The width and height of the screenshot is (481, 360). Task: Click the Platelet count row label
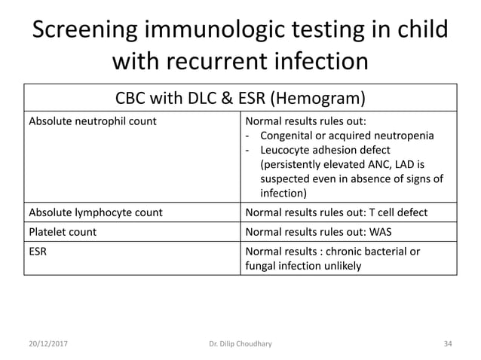coord(63,232)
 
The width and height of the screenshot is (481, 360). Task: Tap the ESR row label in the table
coord(38,251)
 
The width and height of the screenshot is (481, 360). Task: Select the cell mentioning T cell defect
coord(336,213)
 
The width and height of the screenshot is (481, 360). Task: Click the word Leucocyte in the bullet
coord(285,151)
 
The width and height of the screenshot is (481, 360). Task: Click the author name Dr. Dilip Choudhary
coord(240,344)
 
